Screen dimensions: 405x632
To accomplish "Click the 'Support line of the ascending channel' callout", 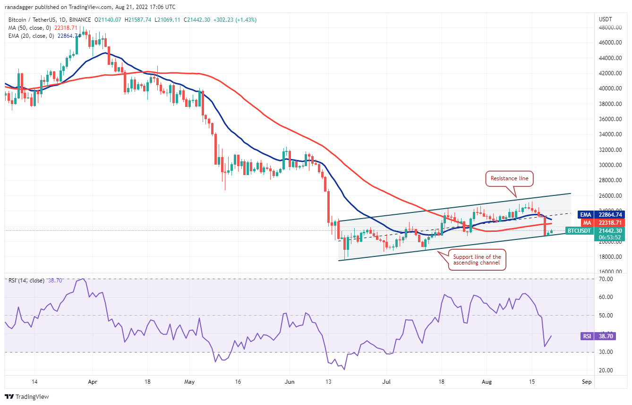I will click(477, 260).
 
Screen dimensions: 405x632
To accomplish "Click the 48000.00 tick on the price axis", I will click(609, 27).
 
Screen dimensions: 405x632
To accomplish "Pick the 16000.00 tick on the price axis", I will click(609, 272).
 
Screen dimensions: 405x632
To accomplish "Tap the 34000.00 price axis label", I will click(609, 134).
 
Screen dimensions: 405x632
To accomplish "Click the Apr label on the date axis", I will click(93, 381).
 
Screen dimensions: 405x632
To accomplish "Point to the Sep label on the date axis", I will click(586, 381).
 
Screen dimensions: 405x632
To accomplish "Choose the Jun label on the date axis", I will click(290, 381).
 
